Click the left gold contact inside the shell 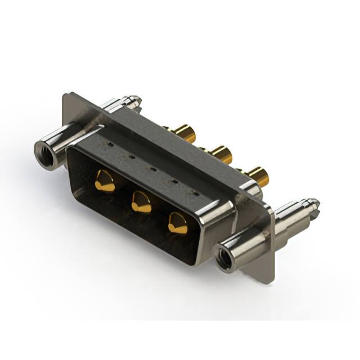click(104, 181)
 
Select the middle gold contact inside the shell click(141, 201)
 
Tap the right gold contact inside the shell click(178, 223)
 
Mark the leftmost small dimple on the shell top click(111, 143)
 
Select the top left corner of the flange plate click(66, 96)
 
